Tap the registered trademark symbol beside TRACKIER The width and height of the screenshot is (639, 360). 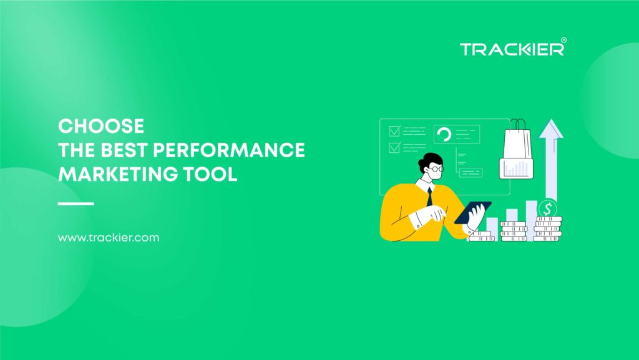click(x=563, y=41)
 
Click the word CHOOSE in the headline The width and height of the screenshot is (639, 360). click(x=101, y=126)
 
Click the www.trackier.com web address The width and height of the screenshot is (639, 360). click(x=109, y=238)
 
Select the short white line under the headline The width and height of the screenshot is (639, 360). click(x=76, y=203)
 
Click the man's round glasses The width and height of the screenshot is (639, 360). click(x=437, y=169)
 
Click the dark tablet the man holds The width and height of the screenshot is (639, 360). click(x=473, y=212)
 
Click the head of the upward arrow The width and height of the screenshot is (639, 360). click(x=551, y=129)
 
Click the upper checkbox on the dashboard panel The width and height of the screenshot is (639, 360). click(x=394, y=131)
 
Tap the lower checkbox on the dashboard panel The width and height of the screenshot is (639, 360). click(x=394, y=148)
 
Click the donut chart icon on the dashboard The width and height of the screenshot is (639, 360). click(x=444, y=134)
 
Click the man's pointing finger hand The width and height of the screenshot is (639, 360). click(x=435, y=215)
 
